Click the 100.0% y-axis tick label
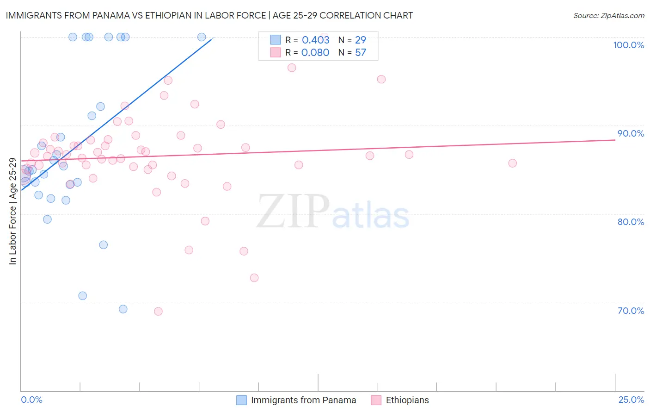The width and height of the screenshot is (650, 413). pos(628,45)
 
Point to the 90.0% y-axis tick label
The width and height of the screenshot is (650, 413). pos(631,133)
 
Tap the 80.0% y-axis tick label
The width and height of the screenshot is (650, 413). pos(631,222)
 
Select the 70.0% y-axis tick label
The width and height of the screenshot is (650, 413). pos(631,311)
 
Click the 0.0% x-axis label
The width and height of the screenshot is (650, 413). pos(31,400)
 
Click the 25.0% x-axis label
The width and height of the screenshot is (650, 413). pos(631,400)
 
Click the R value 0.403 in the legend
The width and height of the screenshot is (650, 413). pos(315,40)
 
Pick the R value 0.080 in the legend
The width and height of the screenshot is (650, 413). pos(315,52)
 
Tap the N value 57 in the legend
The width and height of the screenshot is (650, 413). pos(360,52)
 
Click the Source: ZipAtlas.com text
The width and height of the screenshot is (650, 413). pos(608,15)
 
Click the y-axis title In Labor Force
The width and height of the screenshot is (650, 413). pos(12,211)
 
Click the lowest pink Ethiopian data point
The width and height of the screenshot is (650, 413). pos(158,311)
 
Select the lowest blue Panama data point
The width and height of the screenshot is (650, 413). pos(123,309)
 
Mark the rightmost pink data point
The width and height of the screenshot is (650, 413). pos(512,163)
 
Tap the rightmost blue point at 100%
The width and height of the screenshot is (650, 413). pos(202,37)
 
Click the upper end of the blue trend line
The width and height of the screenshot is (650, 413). pos(212,39)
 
